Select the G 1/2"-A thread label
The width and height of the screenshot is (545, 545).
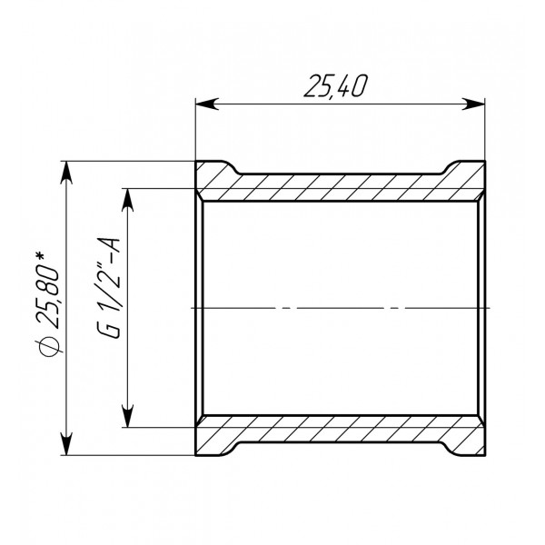[109, 286]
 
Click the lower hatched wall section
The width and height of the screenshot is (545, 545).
[340, 433]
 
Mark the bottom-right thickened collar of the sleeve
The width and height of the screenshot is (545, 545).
[465, 442]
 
